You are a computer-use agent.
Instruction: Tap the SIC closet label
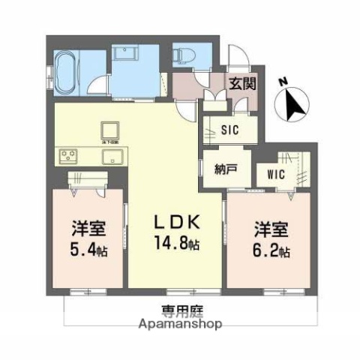[229, 129]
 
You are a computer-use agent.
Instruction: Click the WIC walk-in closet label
[274, 173]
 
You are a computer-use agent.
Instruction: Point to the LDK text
[178, 222]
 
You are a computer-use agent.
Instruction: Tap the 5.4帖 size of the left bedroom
[88, 250]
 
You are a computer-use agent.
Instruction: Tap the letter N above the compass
[282, 80]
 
